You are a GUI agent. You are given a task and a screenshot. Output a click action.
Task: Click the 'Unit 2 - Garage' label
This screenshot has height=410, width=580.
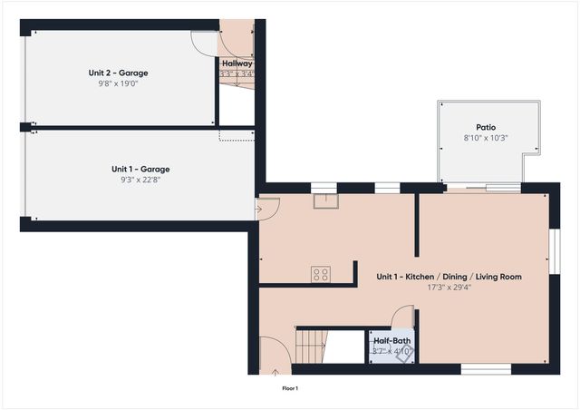tap(118, 73)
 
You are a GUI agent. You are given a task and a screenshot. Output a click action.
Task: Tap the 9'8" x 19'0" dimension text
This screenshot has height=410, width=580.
tap(118, 83)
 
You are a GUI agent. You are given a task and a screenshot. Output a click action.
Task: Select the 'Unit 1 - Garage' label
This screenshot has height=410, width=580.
tap(140, 169)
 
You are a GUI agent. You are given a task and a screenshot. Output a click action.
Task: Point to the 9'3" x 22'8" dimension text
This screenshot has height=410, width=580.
tap(140, 180)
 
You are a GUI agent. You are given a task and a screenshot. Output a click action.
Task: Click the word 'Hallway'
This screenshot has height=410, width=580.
tap(237, 63)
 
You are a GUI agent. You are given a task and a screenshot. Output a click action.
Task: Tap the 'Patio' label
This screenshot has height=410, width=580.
tap(486, 127)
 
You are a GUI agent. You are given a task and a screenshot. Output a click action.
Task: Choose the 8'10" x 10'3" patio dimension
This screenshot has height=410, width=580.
tap(486, 138)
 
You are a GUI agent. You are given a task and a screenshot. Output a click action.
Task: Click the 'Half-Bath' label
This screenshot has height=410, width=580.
tap(392, 341)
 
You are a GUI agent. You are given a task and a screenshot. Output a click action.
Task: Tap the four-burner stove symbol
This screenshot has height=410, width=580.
tap(321, 274)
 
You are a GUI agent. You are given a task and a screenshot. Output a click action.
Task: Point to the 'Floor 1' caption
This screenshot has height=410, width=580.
tap(289, 388)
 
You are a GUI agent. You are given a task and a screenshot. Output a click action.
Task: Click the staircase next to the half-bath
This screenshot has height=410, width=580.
tap(311, 345)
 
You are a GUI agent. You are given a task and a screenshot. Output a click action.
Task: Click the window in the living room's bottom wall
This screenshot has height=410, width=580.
tap(480, 368)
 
